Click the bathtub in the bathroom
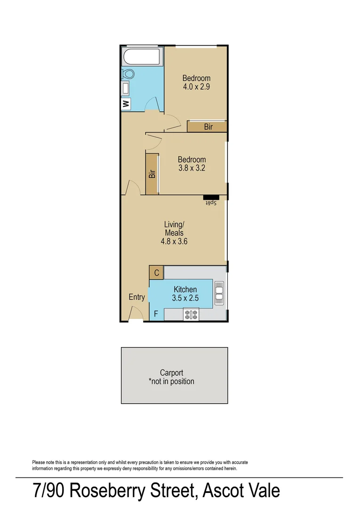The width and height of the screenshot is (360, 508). (142, 58)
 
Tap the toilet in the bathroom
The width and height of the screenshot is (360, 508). (128, 74)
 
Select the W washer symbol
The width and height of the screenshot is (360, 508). (126, 104)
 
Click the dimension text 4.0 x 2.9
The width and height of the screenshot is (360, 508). (196, 87)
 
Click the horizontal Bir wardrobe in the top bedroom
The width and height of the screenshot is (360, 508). (208, 127)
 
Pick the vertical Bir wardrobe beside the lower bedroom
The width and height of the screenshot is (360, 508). (152, 174)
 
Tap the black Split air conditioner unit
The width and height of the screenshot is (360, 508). (211, 197)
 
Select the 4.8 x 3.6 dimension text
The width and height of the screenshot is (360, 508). (174, 241)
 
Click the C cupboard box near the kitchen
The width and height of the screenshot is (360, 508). (156, 273)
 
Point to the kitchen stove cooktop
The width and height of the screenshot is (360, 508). (191, 314)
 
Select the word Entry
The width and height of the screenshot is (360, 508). (137, 297)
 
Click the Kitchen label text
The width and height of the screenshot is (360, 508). (185, 289)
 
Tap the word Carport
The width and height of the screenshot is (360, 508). (171, 373)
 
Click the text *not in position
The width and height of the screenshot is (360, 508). (171, 381)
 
